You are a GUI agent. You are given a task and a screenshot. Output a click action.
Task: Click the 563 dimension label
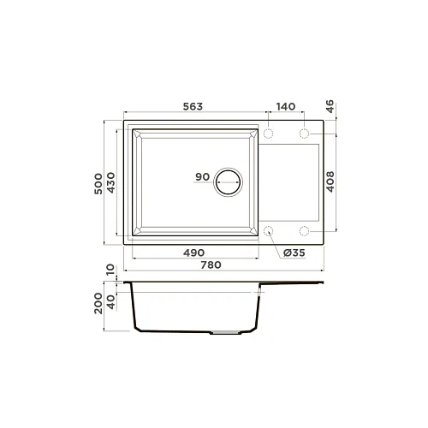coord(193,106)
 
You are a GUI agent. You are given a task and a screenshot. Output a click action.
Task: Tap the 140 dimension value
coord(286,106)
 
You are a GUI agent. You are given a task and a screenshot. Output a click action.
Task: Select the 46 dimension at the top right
coord(330,106)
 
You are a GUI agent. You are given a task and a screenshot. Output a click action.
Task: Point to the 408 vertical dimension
coord(330,181)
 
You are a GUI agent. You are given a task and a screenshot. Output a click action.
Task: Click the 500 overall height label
coord(98,184)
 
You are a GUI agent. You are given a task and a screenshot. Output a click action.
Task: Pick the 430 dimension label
coord(110,182)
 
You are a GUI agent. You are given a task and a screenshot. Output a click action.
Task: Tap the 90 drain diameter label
coord(202,177)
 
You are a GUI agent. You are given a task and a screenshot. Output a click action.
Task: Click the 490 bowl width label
coord(193,253)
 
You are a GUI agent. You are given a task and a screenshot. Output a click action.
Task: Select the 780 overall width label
coord(211,265)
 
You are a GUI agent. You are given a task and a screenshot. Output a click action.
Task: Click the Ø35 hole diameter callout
coord(294,253)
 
